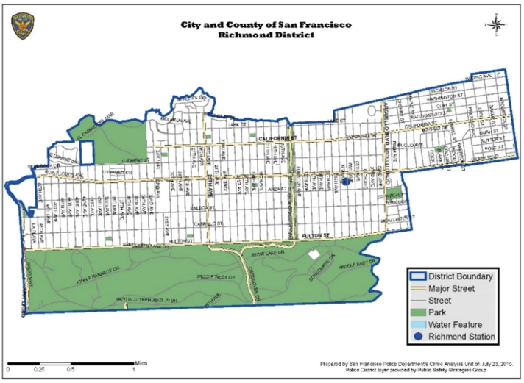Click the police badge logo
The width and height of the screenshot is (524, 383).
[22, 26]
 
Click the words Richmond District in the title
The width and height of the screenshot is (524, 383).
[266, 35]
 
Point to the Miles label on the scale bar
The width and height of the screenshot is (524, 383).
[141, 362]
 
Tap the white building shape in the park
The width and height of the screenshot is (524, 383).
[314, 254]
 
